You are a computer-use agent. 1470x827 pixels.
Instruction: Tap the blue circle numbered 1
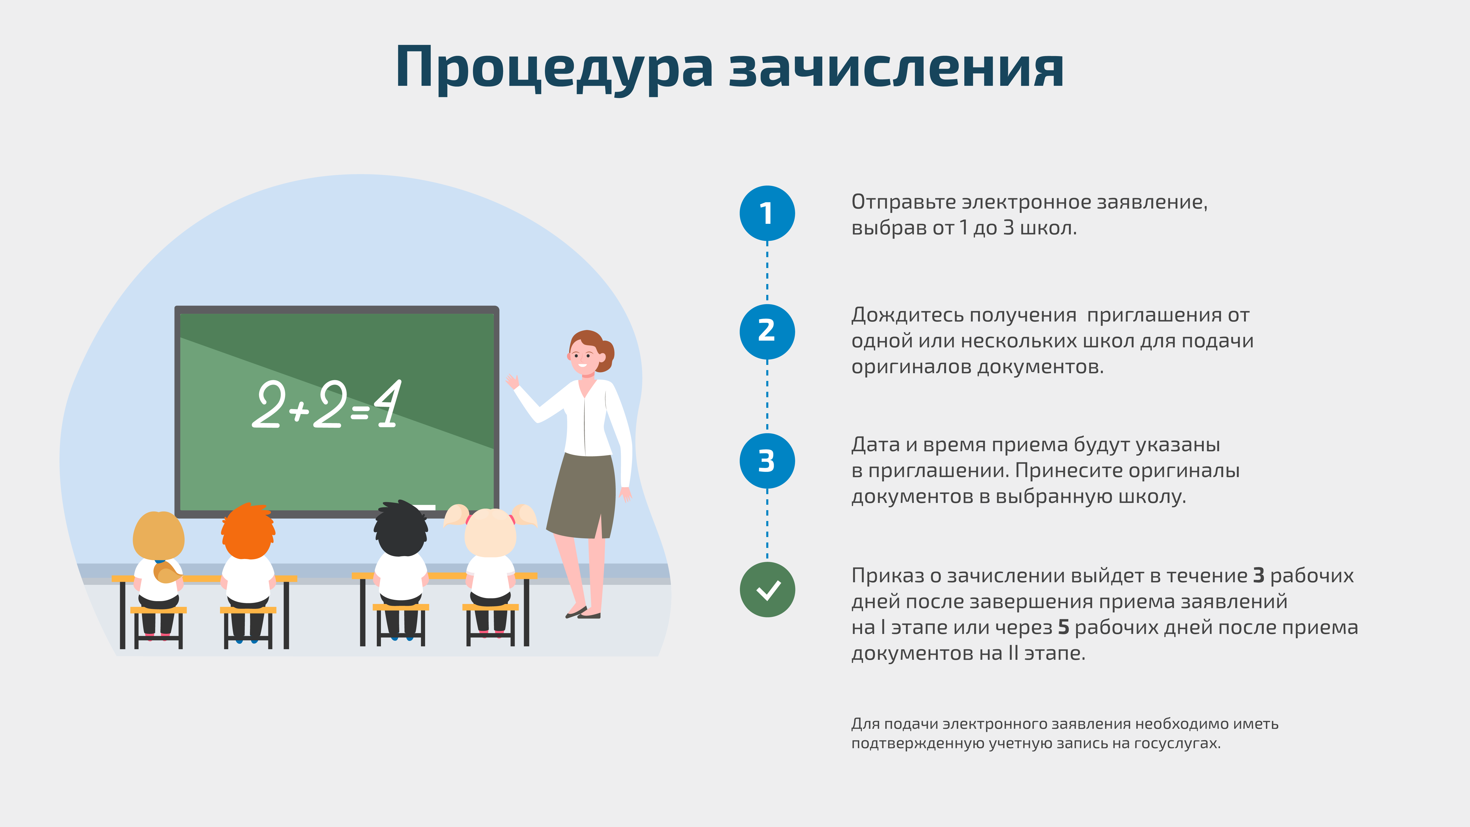[x=767, y=213]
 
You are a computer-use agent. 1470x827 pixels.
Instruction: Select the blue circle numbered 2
[x=767, y=331]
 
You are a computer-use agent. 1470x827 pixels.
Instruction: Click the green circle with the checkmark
[x=767, y=589]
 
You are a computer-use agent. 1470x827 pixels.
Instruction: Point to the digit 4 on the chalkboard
[x=388, y=404]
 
